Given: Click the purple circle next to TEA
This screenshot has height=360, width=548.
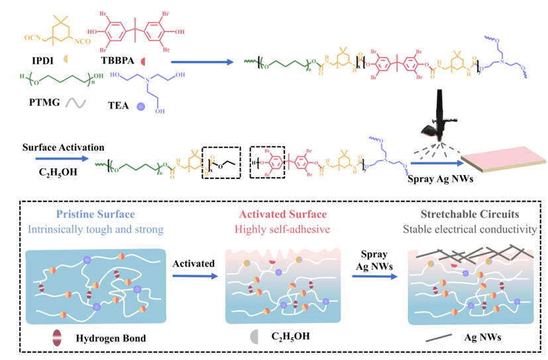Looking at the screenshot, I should tap(140, 105).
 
